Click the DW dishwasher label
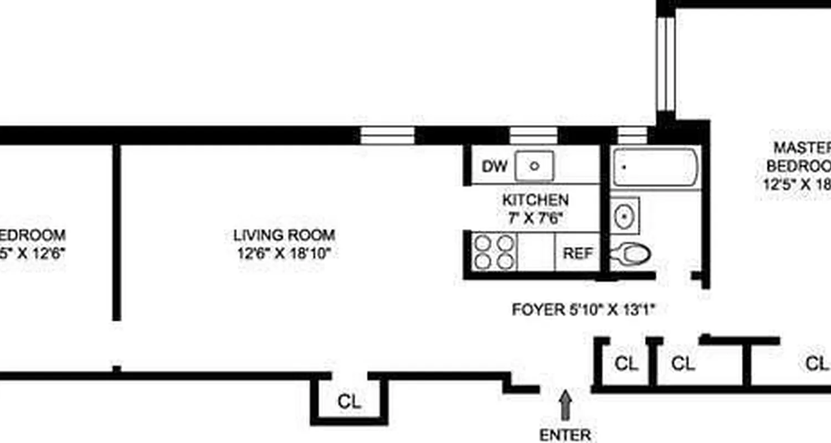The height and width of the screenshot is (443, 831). pos(495,166)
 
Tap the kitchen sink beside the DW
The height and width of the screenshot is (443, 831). pos(534,166)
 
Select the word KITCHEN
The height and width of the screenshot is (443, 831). pos(535,200)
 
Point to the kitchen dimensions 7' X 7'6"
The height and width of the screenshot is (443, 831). pos(535,218)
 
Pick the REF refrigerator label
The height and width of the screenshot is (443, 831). pos(578,254)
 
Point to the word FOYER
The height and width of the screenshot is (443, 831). pos(537,310)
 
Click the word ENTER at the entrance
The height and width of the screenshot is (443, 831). pos(565,435)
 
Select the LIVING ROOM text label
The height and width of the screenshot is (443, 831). pos(284,235)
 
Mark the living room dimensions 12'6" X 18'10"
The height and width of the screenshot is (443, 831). pos(284,254)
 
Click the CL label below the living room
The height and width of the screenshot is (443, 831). pos(349,402)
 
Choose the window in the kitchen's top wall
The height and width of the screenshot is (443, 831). pos(534,135)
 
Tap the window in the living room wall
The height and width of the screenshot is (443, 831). pos(387,135)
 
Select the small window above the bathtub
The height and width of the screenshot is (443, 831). pos(632,135)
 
